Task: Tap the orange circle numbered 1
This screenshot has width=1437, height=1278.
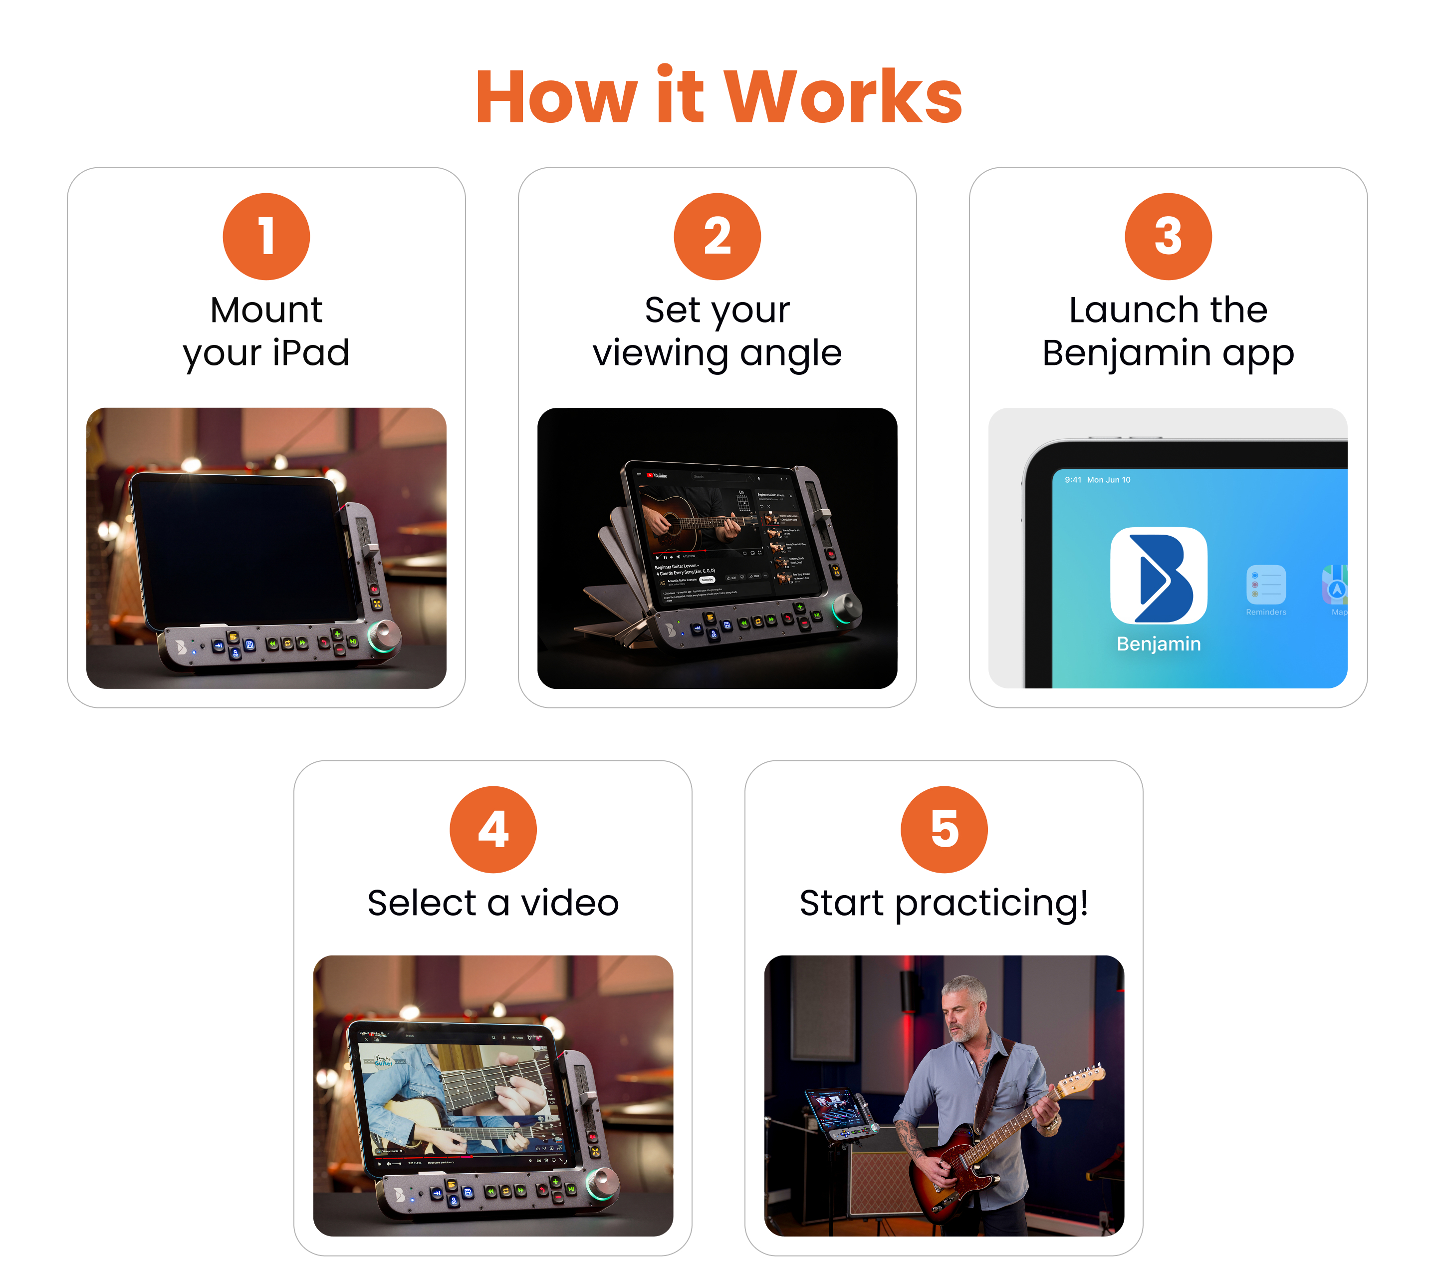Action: tap(266, 236)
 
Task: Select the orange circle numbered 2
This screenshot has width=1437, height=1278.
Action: tap(717, 236)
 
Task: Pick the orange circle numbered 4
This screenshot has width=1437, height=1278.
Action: tap(493, 829)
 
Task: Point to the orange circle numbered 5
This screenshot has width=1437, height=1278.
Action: tap(944, 829)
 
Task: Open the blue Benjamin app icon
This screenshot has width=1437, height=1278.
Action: tap(1158, 575)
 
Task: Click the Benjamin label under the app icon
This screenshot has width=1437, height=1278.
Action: tap(1158, 643)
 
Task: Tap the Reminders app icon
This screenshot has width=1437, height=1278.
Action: tap(1265, 585)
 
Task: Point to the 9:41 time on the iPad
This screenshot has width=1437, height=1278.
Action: tap(1072, 480)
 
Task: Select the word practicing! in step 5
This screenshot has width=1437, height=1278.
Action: tap(991, 904)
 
